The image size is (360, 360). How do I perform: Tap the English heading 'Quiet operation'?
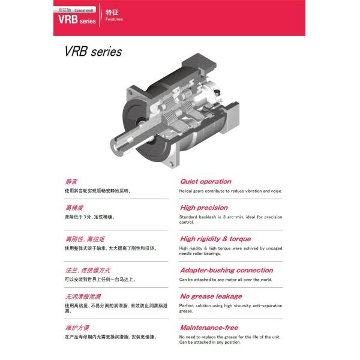click(x=205, y=181)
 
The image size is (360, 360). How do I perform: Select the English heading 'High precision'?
click(x=204, y=208)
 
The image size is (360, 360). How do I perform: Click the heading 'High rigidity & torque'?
click(x=215, y=238)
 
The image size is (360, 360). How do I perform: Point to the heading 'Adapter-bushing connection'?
click(x=226, y=270)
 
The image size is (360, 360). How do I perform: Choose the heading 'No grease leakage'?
click(x=211, y=296)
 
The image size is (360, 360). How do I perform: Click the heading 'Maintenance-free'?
click(x=209, y=328)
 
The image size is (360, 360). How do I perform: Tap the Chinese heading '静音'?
click(x=71, y=181)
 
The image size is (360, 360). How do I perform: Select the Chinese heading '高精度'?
click(x=74, y=208)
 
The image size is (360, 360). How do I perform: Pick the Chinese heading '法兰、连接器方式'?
click(x=87, y=270)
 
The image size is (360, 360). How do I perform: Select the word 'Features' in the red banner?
click(x=114, y=19)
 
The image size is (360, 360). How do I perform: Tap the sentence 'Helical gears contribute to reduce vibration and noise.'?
click(x=230, y=191)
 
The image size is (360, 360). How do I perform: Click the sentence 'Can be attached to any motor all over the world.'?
click(x=226, y=280)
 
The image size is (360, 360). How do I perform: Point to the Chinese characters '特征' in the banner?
click(x=112, y=12)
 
